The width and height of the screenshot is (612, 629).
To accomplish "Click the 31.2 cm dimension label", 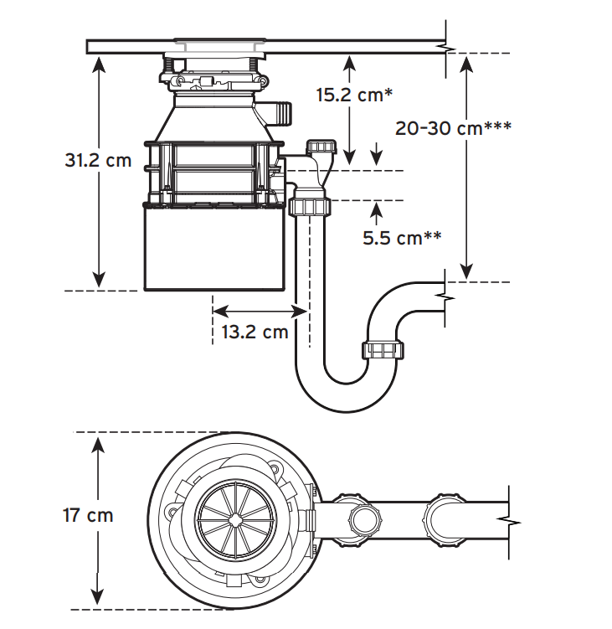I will pos(98,160).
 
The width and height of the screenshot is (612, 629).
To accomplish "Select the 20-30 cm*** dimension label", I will pos(453,128).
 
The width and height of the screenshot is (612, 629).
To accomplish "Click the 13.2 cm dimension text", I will pos(255,332).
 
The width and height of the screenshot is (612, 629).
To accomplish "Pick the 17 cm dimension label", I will pos(88,515).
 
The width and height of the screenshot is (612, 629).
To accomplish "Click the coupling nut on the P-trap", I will pos(383,349).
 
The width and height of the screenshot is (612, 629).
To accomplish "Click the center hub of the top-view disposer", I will pos(234,520).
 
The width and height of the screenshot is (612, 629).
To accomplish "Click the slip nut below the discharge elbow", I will pos(310,206).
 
